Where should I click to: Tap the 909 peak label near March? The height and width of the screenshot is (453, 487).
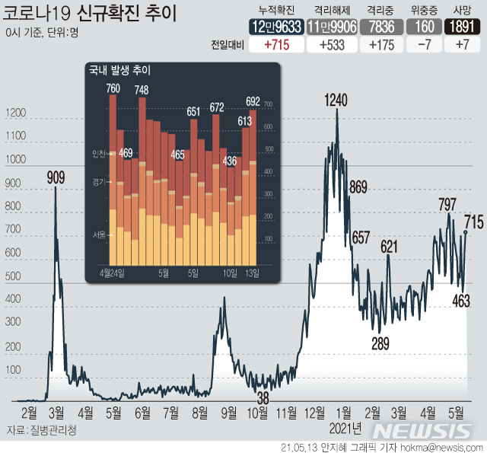click(x=56, y=177)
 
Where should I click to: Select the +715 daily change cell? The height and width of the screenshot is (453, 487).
click(x=275, y=44)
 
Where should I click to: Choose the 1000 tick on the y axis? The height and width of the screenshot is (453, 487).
click(x=15, y=161)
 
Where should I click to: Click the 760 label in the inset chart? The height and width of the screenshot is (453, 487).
click(x=113, y=89)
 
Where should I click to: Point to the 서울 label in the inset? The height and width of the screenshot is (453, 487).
click(x=99, y=214)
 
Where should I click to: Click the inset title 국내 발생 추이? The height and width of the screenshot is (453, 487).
click(x=119, y=71)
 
